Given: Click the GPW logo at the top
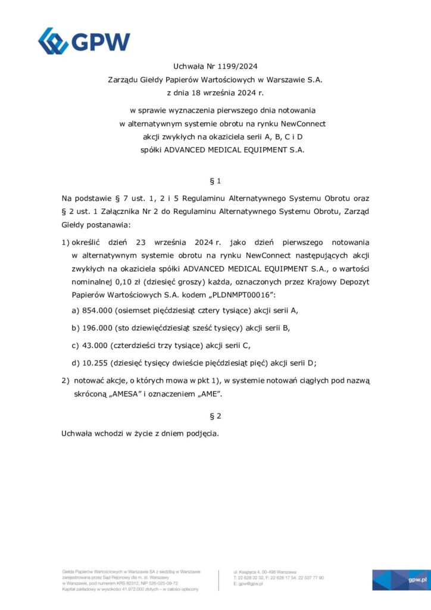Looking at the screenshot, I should [84, 41].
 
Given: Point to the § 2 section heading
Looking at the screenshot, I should [215, 416].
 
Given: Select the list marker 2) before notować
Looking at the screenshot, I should [65, 380].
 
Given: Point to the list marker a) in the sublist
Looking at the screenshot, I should [76, 311].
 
